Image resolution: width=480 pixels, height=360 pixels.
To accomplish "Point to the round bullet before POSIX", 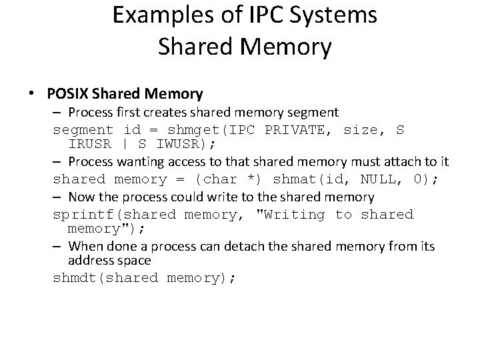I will (x=32, y=95).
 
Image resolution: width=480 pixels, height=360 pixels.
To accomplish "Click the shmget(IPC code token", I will (x=201, y=129).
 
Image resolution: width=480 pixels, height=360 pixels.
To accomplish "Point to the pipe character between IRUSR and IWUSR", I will (x=125, y=145).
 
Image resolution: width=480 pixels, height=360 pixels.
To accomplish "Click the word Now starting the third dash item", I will (x=81, y=197).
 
